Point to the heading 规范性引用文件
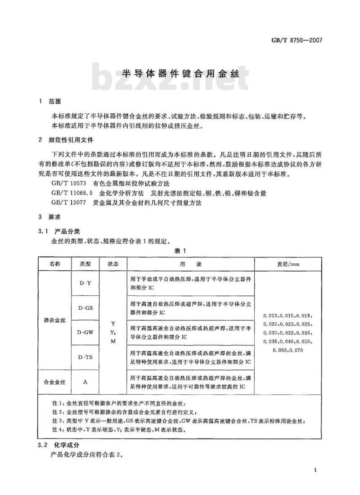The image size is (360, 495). tap(72, 141)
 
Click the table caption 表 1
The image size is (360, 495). tap(180, 251)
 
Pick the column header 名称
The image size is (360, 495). tap(54, 263)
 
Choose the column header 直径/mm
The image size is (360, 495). tap(288, 264)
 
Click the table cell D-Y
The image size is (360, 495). tap(85, 283)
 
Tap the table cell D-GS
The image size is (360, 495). tap(85, 308)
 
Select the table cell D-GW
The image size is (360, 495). tap(85, 333)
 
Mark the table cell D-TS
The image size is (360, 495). tap(85, 357)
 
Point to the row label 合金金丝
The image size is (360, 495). tap(54, 382)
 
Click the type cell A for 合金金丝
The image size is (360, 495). tap(85, 382)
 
